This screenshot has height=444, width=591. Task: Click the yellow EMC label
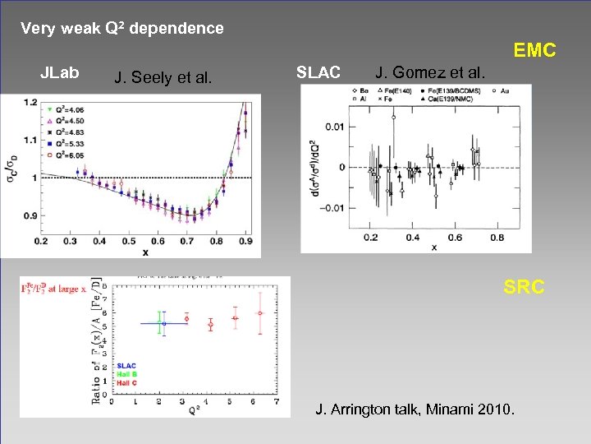coord(534,51)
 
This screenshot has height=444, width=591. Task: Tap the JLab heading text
coord(60,73)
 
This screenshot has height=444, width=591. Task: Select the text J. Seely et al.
coord(163,79)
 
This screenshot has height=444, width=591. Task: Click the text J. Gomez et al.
coord(430,73)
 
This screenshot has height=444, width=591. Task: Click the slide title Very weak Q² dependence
coord(121,29)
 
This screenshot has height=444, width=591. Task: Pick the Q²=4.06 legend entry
coord(66,109)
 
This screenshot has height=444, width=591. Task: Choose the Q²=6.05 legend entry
coord(66,153)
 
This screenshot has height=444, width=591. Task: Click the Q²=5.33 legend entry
coord(66,141)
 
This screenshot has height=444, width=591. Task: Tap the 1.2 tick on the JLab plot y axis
coord(31,102)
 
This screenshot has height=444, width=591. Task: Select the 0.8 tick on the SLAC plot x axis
coord(497,238)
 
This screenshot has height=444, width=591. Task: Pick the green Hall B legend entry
coord(127,374)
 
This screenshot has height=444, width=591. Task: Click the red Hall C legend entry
coord(127,382)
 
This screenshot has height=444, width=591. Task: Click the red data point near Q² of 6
coord(259,313)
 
